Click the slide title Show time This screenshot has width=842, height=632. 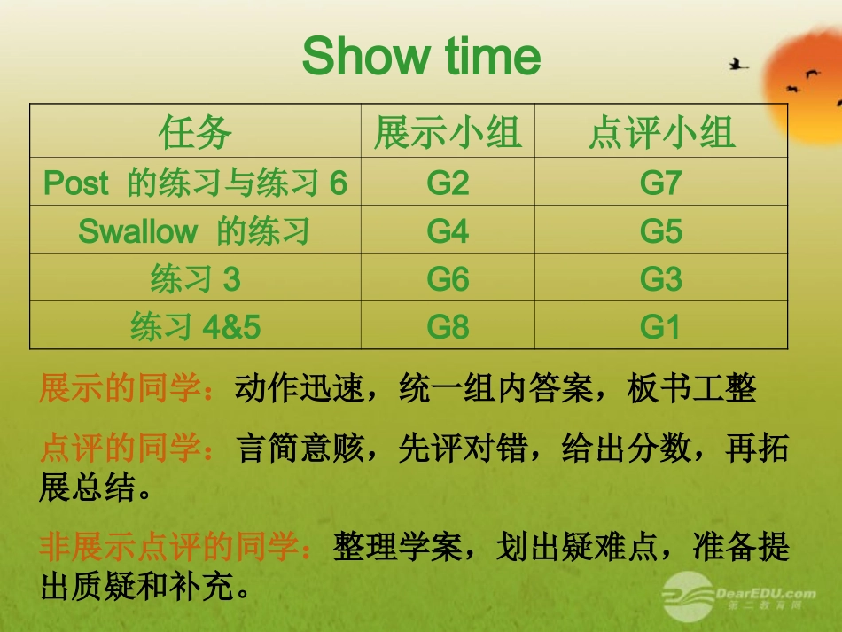(421, 57)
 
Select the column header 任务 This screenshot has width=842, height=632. (195, 132)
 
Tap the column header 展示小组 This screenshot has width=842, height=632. (448, 132)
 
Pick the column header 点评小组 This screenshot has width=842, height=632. (661, 132)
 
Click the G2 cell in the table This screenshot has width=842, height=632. (448, 183)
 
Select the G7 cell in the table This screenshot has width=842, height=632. (661, 183)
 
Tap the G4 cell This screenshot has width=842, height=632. (448, 230)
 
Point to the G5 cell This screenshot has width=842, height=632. (661, 230)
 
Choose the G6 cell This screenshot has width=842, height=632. (448, 279)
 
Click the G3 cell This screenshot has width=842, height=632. (661, 279)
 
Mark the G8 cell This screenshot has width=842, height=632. (448, 327)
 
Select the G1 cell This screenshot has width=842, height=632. (661, 327)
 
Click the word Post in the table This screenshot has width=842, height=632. (76, 183)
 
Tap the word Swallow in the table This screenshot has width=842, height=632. (137, 231)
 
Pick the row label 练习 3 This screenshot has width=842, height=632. (195, 280)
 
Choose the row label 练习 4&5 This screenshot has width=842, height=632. (195, 328)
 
